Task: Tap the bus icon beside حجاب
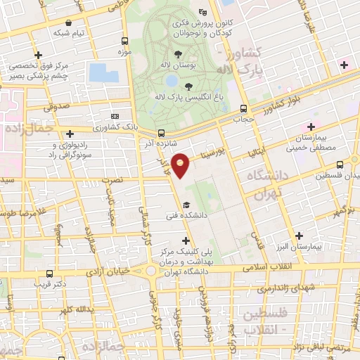pyautogui.click(x=243, y=109)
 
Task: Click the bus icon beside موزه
pyautogui.click(x=124, y=41)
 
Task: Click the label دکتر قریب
pyautogui.click(x=53, y=285)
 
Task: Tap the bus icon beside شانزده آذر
pyautogui.click(x=162, y=132)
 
